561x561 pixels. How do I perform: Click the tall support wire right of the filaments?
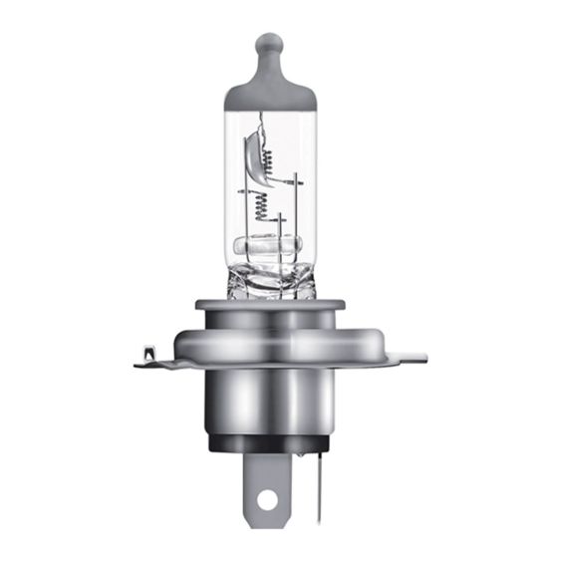[x=298, y=214]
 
